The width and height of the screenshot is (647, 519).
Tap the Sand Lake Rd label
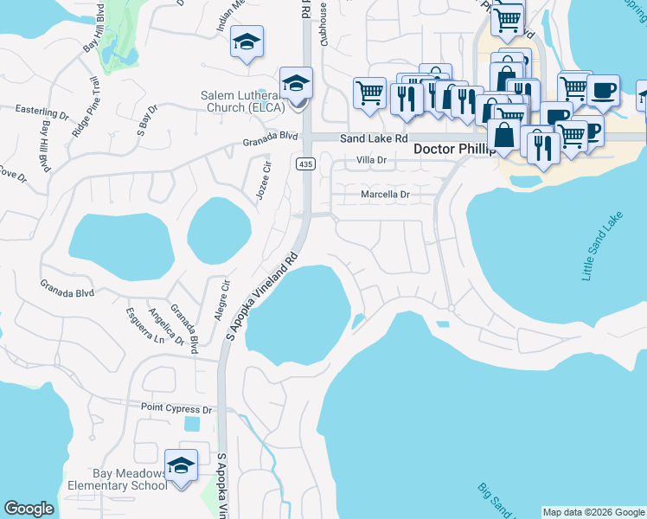tap(373, 138)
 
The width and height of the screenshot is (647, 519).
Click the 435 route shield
tap(304, 163)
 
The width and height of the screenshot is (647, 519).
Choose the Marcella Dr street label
tap(384, 195)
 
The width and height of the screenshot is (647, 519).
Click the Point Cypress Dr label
tap(176, 408)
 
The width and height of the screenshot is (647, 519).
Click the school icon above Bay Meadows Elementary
tap(182, 465)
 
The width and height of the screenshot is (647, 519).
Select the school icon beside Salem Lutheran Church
tap(297, 84)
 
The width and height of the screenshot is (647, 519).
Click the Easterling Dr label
tap(42, 112)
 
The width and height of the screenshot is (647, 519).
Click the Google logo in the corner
tap(29, 509)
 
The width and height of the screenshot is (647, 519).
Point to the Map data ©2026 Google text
tap(593, 512)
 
